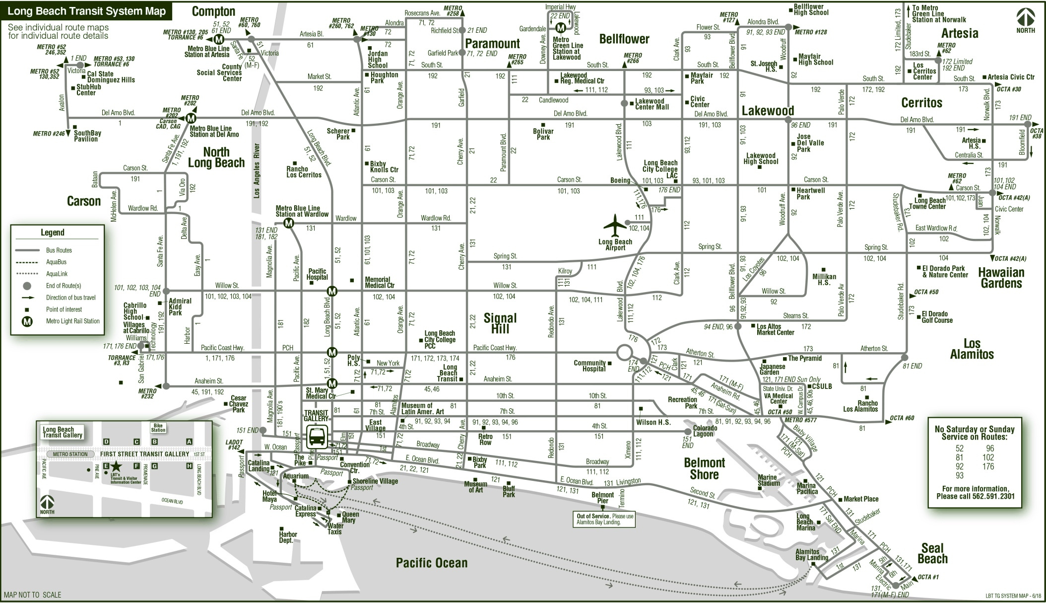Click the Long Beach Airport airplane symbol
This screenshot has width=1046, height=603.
tap(615, 226)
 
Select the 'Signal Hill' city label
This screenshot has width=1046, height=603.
tap(500, 323)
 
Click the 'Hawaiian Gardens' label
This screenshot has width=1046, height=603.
tap(1001, 278)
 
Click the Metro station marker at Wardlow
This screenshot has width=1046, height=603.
tap(289, 224)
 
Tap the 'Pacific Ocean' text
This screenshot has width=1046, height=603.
tap(431, 562)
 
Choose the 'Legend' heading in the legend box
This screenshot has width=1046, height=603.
tap(53, 232)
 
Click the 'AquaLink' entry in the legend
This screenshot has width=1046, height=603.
tap(57, 274)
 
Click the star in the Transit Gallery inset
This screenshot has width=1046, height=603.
tap(116, 466)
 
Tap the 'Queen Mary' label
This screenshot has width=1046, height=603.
tap(350, 517)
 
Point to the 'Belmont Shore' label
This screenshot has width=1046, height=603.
tap(704, 468)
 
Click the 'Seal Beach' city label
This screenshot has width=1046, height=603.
tap(932, 553)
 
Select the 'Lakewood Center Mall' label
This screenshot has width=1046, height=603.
tap(652, 104)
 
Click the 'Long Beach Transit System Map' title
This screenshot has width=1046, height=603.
tap(87, 11)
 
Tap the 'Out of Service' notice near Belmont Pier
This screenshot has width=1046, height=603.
tap(604, 519)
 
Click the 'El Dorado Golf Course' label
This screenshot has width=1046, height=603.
tap(937, 317)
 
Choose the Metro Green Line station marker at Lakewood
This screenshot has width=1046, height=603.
tap(560, 28)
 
